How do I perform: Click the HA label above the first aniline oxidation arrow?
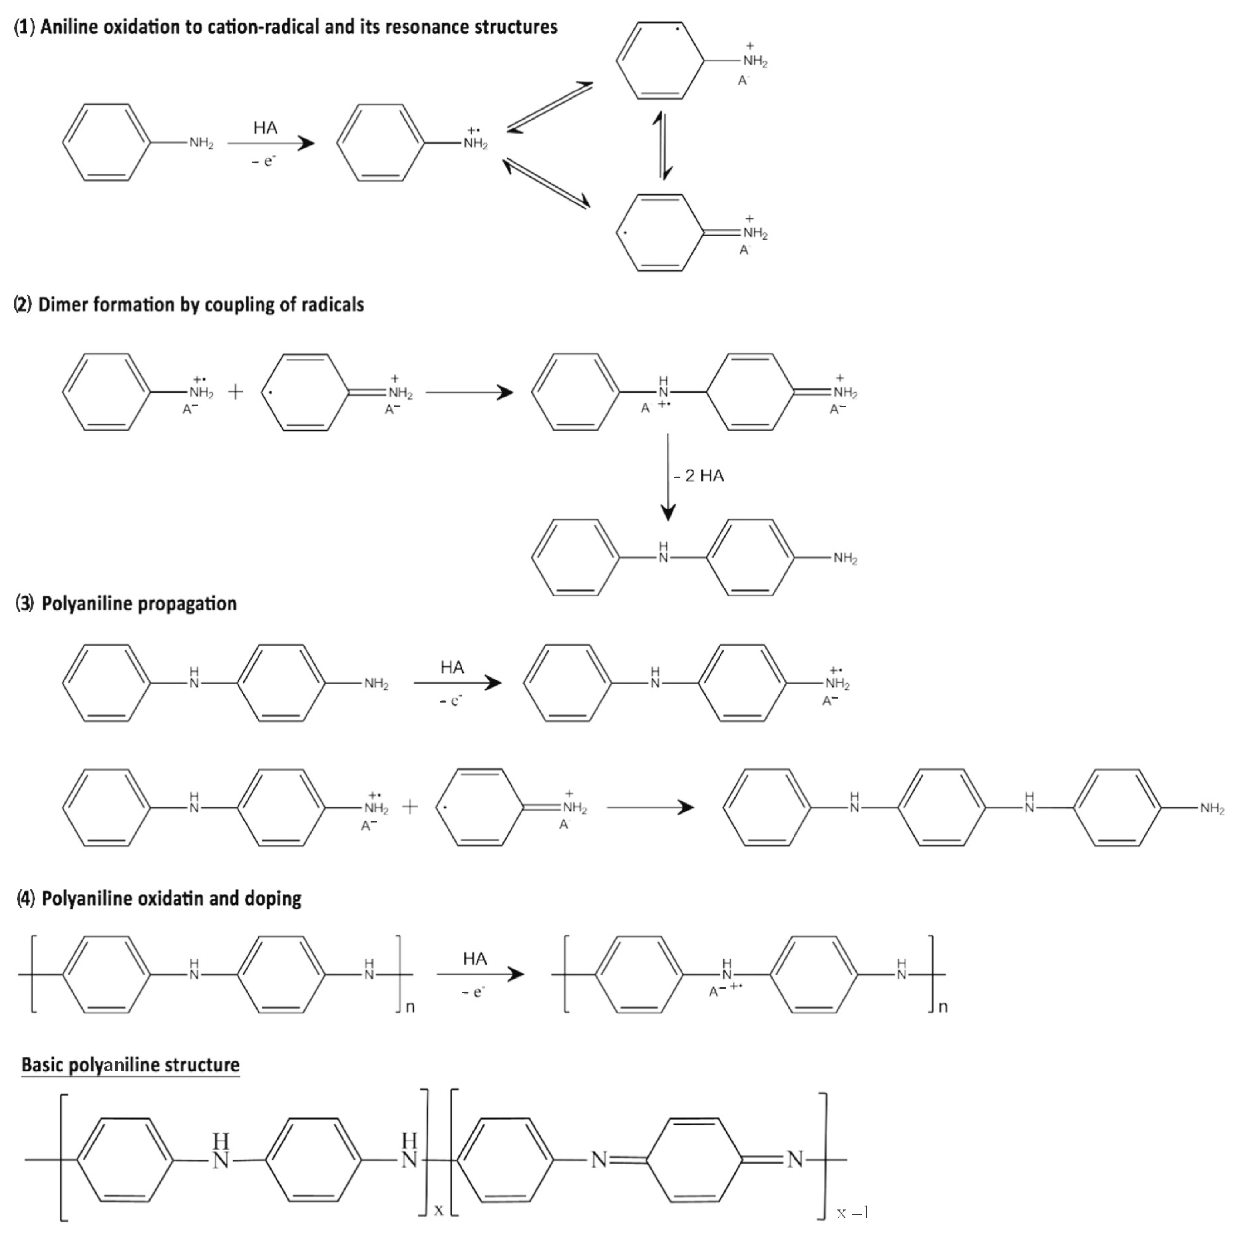pos(265,128)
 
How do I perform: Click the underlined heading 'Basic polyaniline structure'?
pos(130,1065)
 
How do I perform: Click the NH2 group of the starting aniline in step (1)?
pos(201,143)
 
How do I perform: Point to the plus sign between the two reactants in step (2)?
pos(235,392)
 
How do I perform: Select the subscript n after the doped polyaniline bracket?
pos(943,1007)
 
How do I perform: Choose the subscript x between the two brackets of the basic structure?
pos(438,1209)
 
